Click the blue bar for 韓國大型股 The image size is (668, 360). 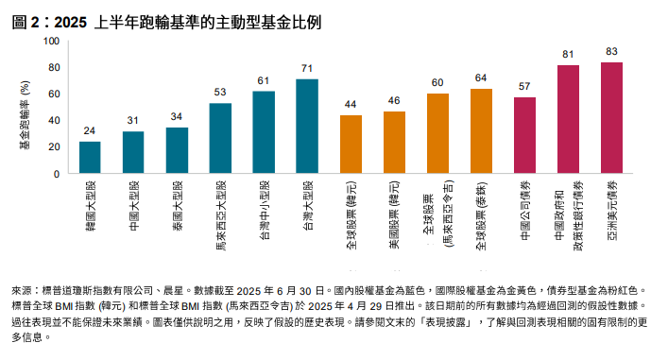point(90,158)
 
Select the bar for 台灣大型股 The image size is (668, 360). point(307,127)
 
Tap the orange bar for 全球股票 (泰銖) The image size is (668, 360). point(482,131)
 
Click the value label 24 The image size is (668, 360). point(90,130)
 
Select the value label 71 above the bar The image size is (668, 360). point(307,68)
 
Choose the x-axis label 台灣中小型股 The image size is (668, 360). point(265,211)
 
